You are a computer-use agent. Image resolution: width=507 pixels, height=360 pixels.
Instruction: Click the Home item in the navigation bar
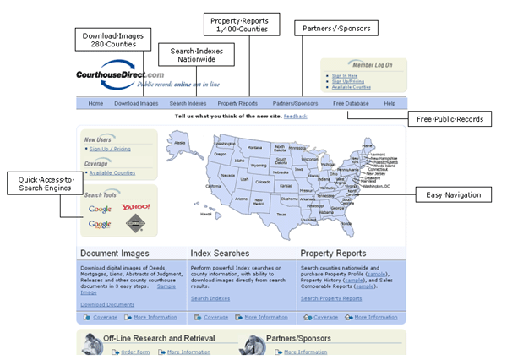[95, 103]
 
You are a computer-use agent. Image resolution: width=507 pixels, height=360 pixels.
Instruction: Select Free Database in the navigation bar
[350, 103]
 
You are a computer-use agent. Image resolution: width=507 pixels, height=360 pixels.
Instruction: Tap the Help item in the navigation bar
[389, 103]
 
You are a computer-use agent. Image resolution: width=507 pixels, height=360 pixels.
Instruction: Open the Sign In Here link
[344, 75]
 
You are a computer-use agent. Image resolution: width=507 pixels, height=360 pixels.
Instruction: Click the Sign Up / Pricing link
[112, 148]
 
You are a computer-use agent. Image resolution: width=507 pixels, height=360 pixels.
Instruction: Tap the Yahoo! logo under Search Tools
[135, 207]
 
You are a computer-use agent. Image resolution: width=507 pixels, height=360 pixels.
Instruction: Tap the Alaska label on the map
[179, 143]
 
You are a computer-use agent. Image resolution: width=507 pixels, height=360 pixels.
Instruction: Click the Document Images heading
[114, 254]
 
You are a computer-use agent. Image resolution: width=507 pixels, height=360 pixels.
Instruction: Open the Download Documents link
[106, 303]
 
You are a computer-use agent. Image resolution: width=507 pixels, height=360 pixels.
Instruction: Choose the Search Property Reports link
[331, 298]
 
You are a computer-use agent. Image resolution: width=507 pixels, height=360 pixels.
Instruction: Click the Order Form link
[134, 352]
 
